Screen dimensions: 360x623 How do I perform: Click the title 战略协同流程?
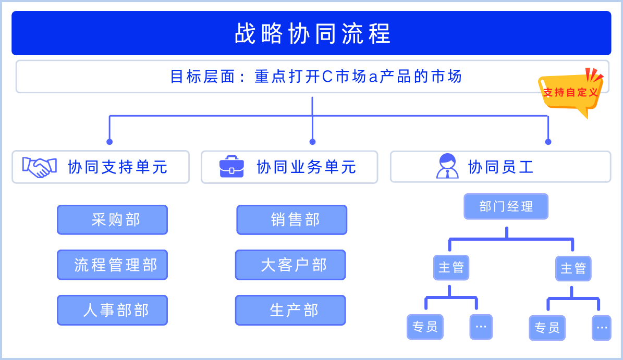(x=312, y=33)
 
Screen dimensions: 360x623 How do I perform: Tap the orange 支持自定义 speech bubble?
(x=570, y=92)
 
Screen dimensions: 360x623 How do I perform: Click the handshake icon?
(x=40, y=167)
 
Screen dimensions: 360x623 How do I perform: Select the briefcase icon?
(x=231, y=167)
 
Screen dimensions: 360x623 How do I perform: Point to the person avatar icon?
(x=447, y=167)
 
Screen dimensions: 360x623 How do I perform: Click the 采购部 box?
(x=112, y=220)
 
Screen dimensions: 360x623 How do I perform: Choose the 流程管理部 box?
(x=112, y=265)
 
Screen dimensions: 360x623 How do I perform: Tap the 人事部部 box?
(x=112, y=310)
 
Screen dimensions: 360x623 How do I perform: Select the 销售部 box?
(x=291, y=220)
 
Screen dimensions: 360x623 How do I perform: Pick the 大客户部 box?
(x=290, y=265)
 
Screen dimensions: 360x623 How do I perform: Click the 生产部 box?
(x=290, y=310)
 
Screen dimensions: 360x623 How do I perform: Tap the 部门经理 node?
(x=506, y=206)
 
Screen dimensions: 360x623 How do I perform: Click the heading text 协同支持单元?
(x=118, y=167)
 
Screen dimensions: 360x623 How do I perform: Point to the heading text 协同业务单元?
(x=307, y=167)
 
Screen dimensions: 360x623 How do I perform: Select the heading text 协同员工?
(x=500, y=167)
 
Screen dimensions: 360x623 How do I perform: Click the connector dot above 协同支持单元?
(x=109, y=142)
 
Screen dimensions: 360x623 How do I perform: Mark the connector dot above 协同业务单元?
(x=312, y=142)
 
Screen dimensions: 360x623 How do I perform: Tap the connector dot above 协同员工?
(x=548, y=142)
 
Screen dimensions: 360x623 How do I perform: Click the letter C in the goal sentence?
(x=327, y=77)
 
